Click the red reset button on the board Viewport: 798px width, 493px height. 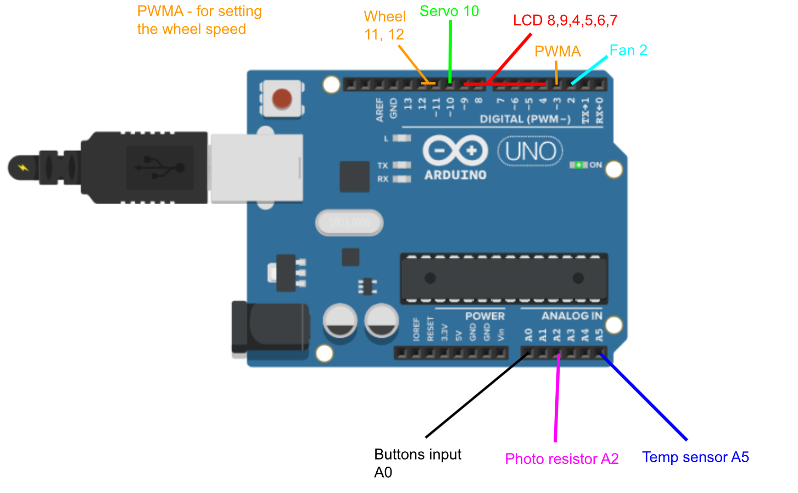[x=282, y=99]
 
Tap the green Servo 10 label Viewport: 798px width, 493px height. [x=449, y=11]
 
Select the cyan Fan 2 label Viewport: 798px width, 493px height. [x=628, y=51]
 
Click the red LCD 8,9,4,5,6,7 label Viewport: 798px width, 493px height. [x=565, y=21]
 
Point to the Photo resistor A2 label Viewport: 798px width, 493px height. [x=562, y=459]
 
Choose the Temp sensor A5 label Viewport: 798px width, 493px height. [x=695, y=457]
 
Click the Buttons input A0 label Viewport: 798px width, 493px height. [x=417, y=463]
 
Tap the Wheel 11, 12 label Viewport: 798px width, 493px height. [x=384, y=26]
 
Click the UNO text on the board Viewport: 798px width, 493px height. [x=531, y=152]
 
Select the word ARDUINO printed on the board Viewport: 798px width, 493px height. [x=455, y=175]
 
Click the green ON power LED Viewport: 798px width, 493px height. [x=578, y=165]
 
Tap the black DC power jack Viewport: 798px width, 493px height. [x=269, y=328]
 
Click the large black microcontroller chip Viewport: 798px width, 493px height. [x=504, y=278]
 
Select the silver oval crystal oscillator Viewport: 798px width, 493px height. [x=349, y=223]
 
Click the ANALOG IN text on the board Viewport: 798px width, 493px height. [x=572, y=316]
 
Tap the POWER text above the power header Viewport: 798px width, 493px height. [x=484, y=316]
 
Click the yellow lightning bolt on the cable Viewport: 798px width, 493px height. [x=23, y=167]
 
